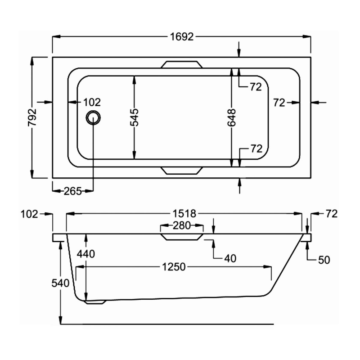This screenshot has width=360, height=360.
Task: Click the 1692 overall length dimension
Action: coord(182,37)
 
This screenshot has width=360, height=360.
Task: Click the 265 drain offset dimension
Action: coord(72,191)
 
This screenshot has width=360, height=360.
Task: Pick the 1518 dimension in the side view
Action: coord(184,213)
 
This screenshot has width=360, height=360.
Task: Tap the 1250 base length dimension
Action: coord(173,267)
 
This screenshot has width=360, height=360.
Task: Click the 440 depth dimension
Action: coord(85,254)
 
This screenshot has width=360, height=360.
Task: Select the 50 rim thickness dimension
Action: coord(324,260)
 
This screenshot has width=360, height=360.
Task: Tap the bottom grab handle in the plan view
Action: coord(181,170)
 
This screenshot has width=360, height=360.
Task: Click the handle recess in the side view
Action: coord(181,236)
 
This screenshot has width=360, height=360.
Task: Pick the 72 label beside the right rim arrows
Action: coord(279,103)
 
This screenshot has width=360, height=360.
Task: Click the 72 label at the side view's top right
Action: coord(331,214)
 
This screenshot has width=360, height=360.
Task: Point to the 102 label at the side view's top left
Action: coord(29,214)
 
